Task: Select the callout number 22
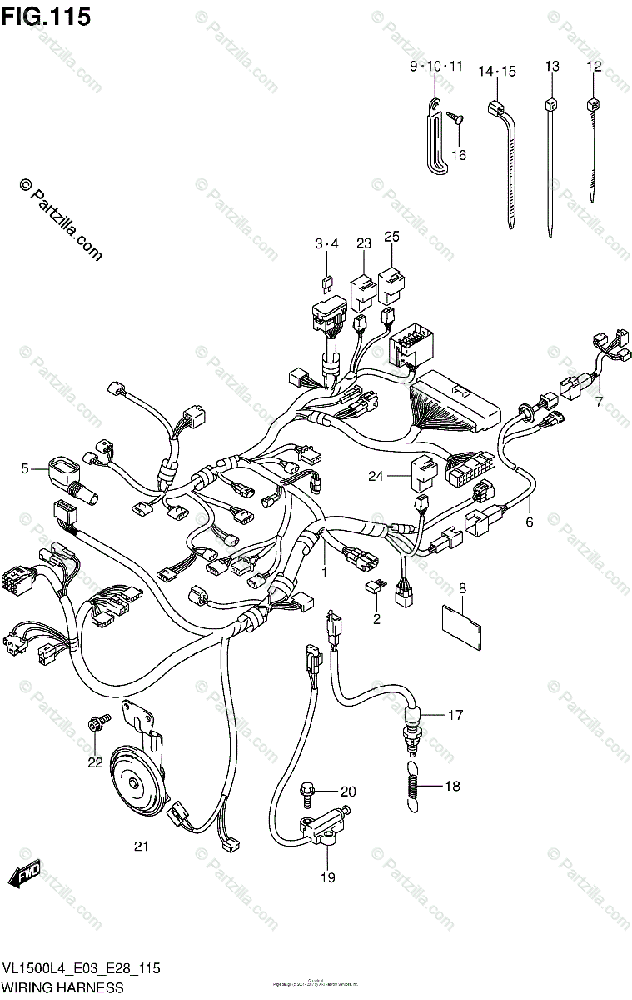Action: (x=94, y=762)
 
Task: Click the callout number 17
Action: (x=455, y=715)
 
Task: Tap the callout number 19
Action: (x=327, y=877)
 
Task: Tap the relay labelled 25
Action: (x=391, y=284)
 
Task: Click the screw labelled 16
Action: (x=455, y=119)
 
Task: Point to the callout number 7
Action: (x=597, y=402)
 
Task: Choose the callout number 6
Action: (x=528, y=522)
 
